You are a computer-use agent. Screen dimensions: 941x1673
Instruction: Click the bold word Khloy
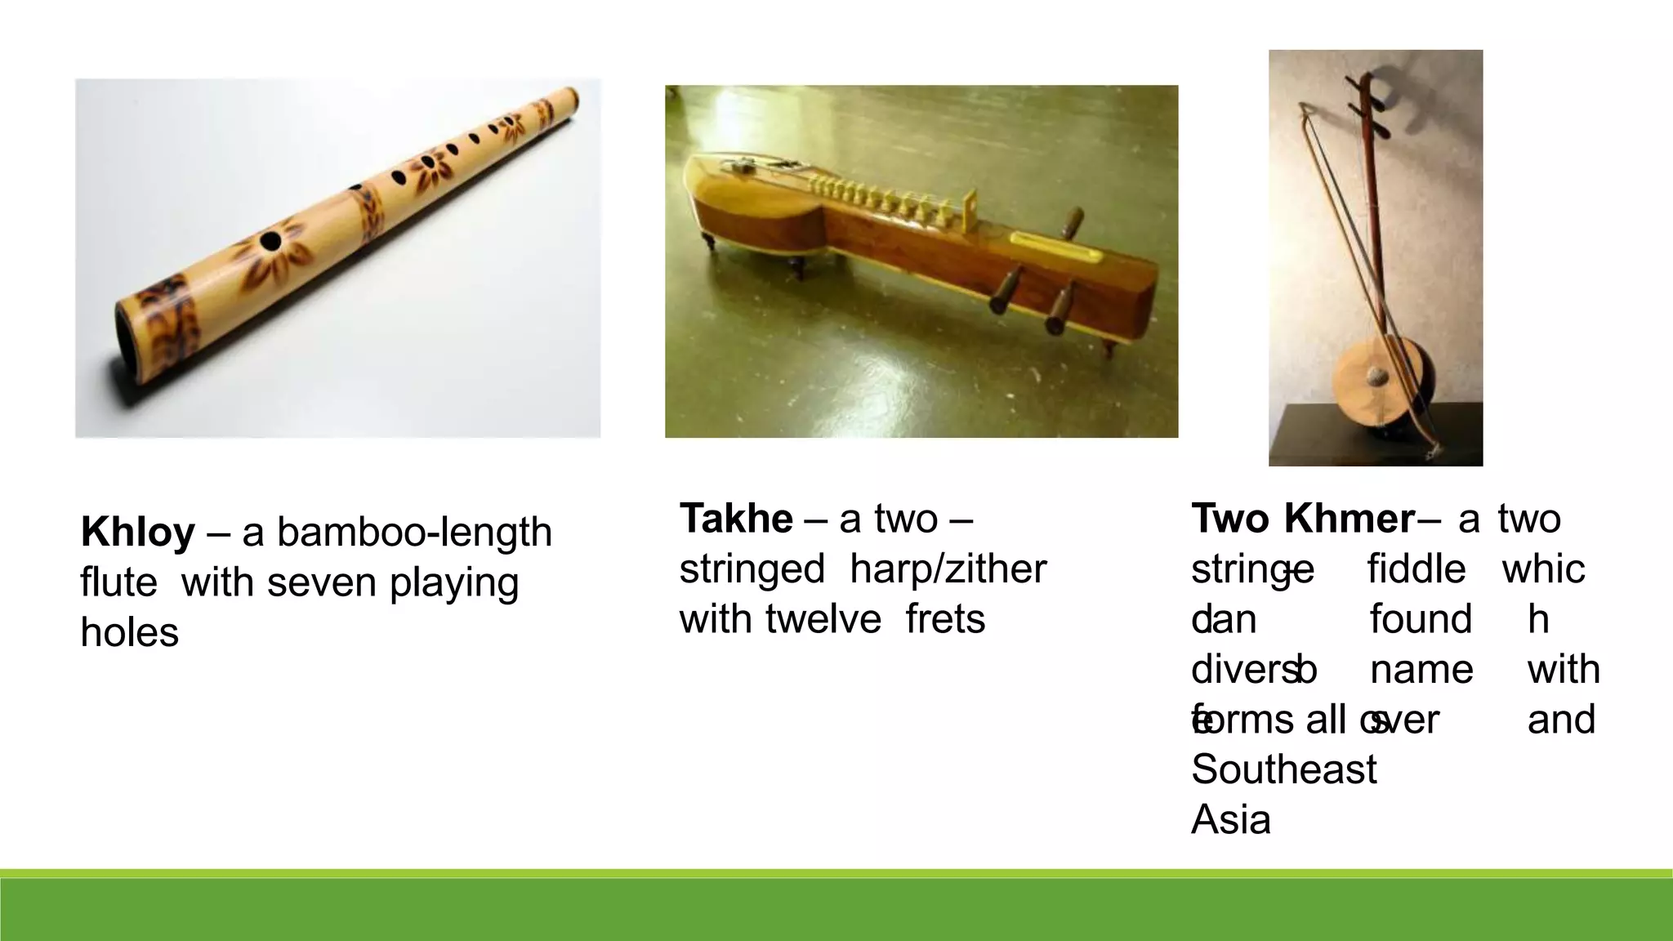[137, 533]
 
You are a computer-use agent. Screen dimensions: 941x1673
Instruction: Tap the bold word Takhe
[735, 519]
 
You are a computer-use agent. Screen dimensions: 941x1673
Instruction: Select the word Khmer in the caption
[1349, 519]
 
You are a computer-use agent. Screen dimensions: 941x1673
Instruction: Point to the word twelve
[824, 619]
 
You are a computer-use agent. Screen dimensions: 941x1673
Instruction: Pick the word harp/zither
[948, 569]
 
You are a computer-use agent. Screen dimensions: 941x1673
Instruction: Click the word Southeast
[1283, 769]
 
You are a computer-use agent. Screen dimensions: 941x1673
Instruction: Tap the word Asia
[1231, 819]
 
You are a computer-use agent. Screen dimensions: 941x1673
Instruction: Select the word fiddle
[1416, 569]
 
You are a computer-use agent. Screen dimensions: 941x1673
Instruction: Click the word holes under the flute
[129, 633]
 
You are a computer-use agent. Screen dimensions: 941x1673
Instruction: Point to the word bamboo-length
[414, 533]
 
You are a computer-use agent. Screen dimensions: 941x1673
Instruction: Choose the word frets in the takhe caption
[945, 619]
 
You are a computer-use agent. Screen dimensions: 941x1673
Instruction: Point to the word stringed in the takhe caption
[752, 569]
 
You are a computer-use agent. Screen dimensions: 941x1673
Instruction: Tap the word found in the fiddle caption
[1421, 619]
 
